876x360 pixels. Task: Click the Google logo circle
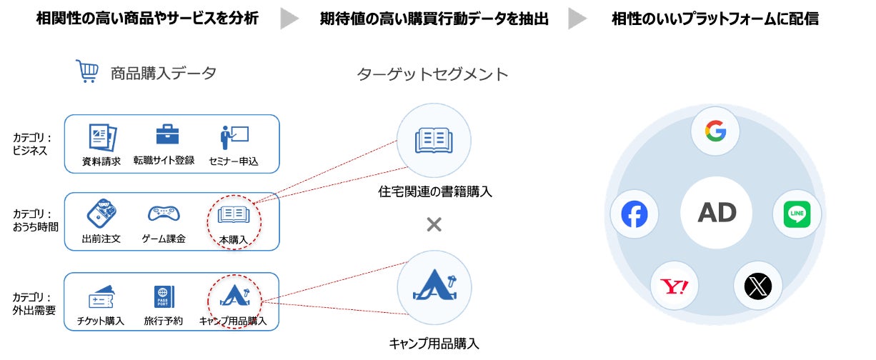point(715,131)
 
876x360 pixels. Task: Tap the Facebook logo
point(634,214)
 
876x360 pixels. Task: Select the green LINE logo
point(797,214)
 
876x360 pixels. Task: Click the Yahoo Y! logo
point(674,287)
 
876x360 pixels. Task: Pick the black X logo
point(757,286)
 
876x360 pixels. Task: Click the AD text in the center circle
point(716,212)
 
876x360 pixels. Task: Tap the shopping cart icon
point(87,72)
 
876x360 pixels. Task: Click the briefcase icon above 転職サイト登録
point(167,135)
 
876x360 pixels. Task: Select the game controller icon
point(164,214)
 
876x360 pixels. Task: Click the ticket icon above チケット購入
point(101,296)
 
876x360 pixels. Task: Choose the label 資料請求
point(101,161)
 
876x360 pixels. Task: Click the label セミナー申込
point(234,161)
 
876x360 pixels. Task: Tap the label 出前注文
point(101,239)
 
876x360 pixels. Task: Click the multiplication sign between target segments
point(434,225)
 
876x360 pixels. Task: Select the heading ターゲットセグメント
point(432,74)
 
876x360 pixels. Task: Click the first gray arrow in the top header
point(289,19)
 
